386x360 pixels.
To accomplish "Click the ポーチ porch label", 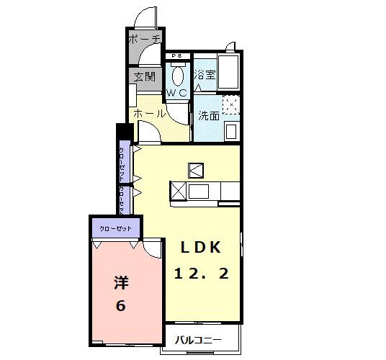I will click(x=145, y=40).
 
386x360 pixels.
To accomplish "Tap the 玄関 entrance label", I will click(x=144, y=76).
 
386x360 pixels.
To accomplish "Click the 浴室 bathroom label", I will click(x=205, y=75).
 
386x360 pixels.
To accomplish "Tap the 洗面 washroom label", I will click(x=209, y=114).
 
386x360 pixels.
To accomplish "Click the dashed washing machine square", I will click(x=230, y=105).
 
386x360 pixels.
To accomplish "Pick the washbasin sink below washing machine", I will click(x=230, y=132).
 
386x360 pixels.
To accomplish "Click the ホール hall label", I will click(x=150, y=113).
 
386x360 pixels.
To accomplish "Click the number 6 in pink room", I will click(x=120, y=306).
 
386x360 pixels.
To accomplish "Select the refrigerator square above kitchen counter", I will click(x=196, y=170).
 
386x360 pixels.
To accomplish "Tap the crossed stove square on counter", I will click(x=178, y=190).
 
